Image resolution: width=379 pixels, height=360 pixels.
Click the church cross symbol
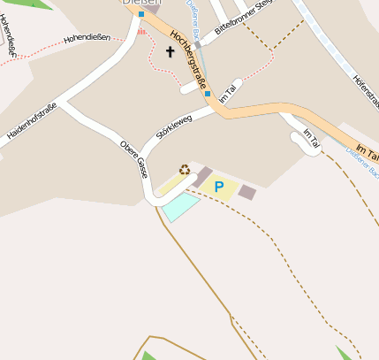point(171,53)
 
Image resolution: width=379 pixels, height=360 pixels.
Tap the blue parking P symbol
point(218,187)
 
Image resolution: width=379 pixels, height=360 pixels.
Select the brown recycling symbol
point(185,170)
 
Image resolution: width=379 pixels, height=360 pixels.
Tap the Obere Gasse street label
point(133,159)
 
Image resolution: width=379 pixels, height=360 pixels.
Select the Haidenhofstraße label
point(32,121)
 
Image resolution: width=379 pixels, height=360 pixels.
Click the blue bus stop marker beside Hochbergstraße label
point(207,93)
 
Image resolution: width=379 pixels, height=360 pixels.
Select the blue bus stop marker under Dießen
point(140,14)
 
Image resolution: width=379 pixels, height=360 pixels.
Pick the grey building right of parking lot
point(247,191)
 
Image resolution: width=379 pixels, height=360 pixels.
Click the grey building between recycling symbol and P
point(203,176)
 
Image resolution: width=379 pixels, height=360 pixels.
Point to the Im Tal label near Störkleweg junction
point(228,92)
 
